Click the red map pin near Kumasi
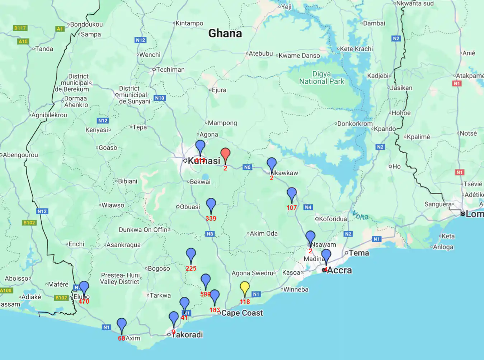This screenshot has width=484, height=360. [225, 154]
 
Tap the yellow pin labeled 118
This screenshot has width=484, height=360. [245, 288]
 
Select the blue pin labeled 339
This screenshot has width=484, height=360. [211, 205]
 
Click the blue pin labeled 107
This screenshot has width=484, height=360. [292, 194]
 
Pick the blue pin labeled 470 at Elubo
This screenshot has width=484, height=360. [84, 288]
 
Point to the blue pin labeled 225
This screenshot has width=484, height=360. [191, 255]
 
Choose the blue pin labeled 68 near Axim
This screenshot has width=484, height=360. [122, 325]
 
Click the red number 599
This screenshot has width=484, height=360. [205, 294]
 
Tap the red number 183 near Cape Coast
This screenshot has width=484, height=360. [215, 310]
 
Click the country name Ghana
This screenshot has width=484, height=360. [225, 33]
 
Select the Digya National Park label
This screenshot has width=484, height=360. [321, 78]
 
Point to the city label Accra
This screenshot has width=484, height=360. [339, 270]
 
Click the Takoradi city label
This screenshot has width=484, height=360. [187, 335]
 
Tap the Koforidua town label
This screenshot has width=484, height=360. [333, 219]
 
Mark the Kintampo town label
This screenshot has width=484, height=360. [189, 23]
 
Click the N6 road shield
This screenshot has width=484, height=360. [247, 167]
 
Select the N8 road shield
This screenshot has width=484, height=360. [210, 234]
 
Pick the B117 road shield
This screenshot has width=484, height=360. [20, 28]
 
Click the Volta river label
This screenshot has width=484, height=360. [360, 215]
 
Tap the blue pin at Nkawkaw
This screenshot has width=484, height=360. [272, 164]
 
